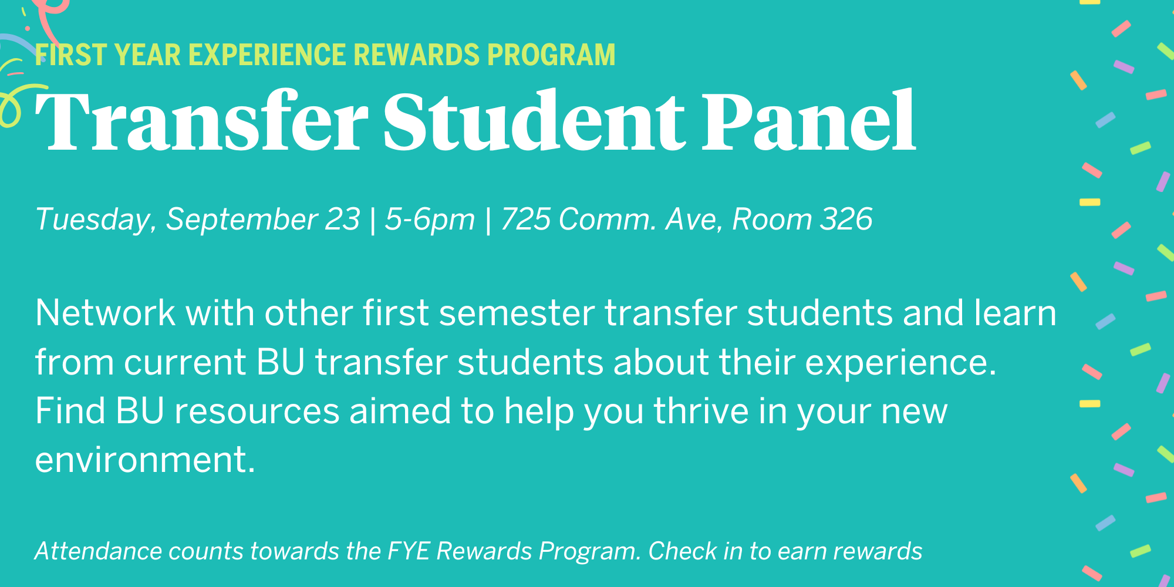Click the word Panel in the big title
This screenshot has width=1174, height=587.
[x=809, y=121]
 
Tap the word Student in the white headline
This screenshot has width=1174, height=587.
[x=534, y=121]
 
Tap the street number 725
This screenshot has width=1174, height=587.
[x=525, y=220]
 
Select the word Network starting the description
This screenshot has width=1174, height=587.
[x=105, y=312]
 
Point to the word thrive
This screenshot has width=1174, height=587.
[x=701, y=410]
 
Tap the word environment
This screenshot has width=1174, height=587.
[x=145, y=459]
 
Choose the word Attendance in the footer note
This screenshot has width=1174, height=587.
[x=97, y=551]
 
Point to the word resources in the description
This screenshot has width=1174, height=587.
[x=257, y=411]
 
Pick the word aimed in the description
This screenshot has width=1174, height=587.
[x=400, y=410]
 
